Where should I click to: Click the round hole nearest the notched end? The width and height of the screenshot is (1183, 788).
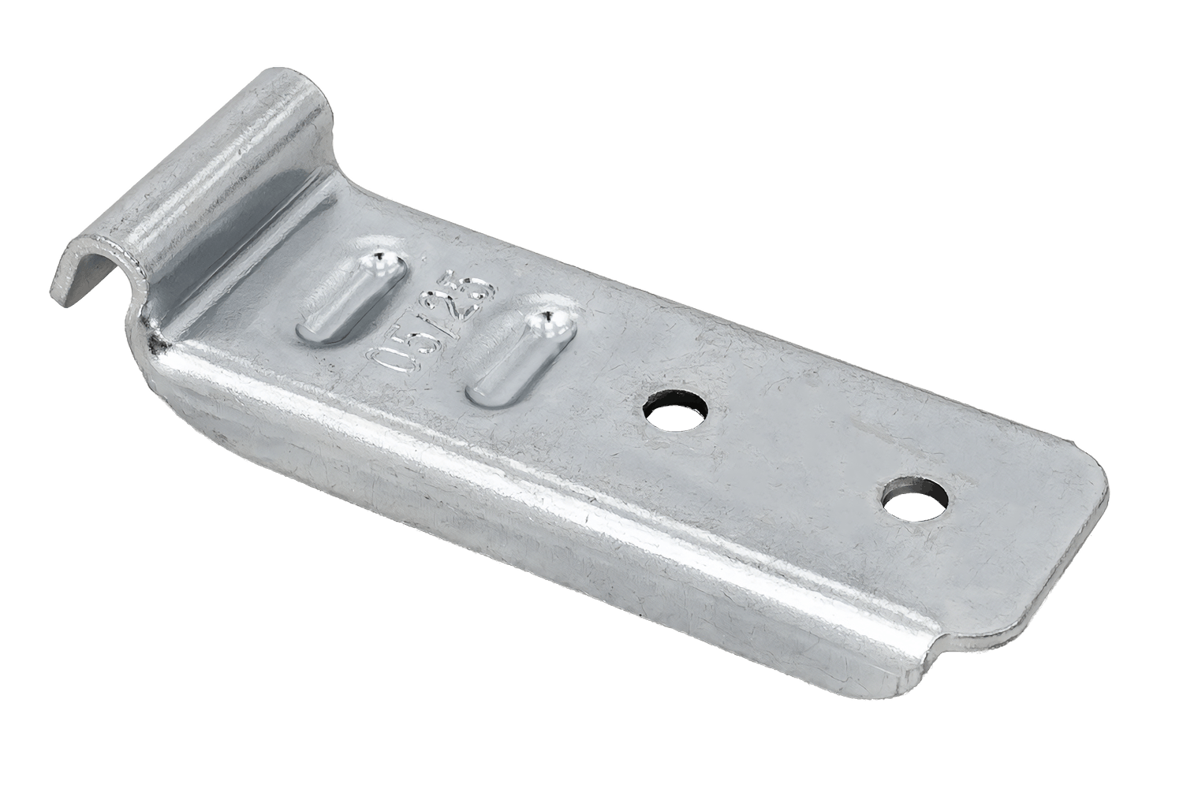tap(915, 499)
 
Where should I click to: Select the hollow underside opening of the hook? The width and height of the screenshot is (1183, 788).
tap(100, 278)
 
